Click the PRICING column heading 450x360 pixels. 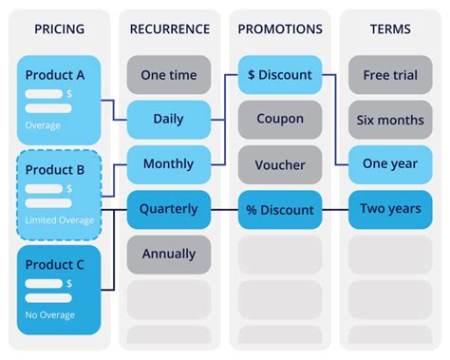59,29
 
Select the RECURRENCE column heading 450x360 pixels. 169,29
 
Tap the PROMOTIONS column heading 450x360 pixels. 279,29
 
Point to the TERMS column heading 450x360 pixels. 389,29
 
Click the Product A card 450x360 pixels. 60,95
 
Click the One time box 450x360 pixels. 169,75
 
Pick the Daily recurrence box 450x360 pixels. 169,120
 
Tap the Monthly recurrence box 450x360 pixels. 169,164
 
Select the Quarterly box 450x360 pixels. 169,209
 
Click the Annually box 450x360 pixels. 169,254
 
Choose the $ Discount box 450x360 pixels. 279,75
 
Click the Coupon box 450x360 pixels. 279,120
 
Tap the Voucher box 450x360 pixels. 279,164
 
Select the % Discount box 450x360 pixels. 279,209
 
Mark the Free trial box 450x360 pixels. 389,75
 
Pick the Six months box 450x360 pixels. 389,120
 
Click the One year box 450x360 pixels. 389,164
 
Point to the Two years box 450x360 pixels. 389,209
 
